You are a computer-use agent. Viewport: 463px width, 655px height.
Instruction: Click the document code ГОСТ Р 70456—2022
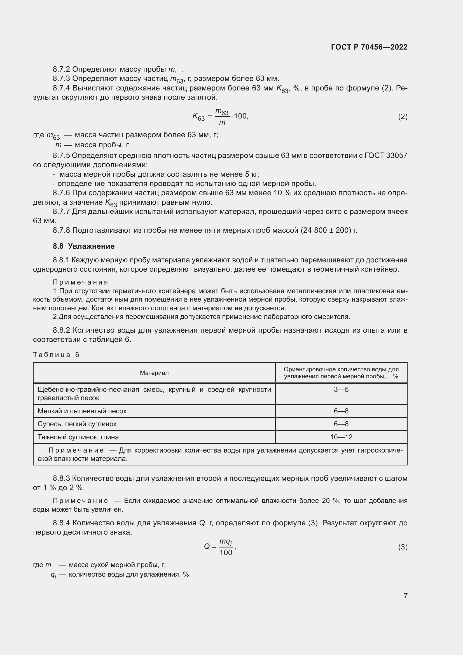369,47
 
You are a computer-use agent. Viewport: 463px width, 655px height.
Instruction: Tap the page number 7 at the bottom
405,596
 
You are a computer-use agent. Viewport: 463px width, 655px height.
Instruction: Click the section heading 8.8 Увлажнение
83,246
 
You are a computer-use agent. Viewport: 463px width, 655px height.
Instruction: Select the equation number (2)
403,116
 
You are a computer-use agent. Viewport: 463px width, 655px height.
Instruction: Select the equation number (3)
403,547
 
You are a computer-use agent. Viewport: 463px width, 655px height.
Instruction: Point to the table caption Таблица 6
56,355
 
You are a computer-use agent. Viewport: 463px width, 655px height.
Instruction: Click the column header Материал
154,373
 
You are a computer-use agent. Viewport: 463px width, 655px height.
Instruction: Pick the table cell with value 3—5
341,390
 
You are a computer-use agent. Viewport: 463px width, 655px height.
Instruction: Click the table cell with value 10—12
341,437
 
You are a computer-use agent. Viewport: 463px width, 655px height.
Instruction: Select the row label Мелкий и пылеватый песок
82,411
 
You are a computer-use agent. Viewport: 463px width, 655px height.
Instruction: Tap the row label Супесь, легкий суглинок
77,424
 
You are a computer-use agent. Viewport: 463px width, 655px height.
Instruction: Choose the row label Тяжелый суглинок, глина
78,437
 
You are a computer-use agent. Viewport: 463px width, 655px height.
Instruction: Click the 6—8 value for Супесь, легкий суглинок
341,424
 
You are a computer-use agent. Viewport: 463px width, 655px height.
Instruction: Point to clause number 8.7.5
61,155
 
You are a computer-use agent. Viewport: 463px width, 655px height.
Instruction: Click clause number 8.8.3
61,478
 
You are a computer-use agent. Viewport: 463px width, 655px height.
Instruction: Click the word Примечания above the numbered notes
80,282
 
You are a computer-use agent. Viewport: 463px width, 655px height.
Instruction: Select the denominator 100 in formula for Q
226,552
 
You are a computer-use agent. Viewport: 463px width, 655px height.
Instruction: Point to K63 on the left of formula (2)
198,117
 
